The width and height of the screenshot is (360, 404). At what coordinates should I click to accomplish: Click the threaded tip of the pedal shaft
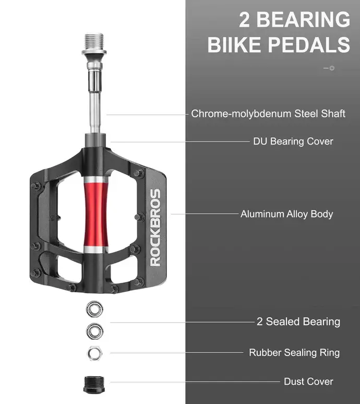tap(94, 42)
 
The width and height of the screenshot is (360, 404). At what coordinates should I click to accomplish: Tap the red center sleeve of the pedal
tap(96, 215)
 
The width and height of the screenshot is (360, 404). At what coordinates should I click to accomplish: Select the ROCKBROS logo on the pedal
tap(155, 228)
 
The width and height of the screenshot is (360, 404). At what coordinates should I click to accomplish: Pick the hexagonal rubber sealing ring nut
tap(94, 353)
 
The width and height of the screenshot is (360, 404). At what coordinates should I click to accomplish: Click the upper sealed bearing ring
tap(94, 309)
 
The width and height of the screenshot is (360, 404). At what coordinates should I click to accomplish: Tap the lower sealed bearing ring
tap(94, 331)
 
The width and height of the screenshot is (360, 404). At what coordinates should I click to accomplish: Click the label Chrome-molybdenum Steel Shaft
tap(268, 114)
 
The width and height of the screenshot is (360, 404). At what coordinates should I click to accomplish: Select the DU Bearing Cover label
tap(293, 141)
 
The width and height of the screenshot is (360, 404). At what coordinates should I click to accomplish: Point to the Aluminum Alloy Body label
tap(286, 214)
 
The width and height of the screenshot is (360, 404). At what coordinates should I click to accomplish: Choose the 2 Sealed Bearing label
tap(298, 322)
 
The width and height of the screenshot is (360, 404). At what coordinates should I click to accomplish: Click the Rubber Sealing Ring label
tap(294, 353)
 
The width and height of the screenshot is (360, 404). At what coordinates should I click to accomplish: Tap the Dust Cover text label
tap(308, 382)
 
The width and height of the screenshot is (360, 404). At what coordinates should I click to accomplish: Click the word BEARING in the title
tap(303, 20)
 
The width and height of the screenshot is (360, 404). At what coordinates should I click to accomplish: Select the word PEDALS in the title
tap(309, 44)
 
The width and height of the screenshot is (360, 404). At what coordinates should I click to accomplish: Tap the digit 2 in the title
tap(244, 20)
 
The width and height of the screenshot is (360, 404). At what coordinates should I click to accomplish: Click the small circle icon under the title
tap(332, 68)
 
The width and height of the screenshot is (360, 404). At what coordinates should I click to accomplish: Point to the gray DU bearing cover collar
tap(95, 141)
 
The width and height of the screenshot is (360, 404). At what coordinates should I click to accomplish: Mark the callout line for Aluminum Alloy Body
tap(205, 214)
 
